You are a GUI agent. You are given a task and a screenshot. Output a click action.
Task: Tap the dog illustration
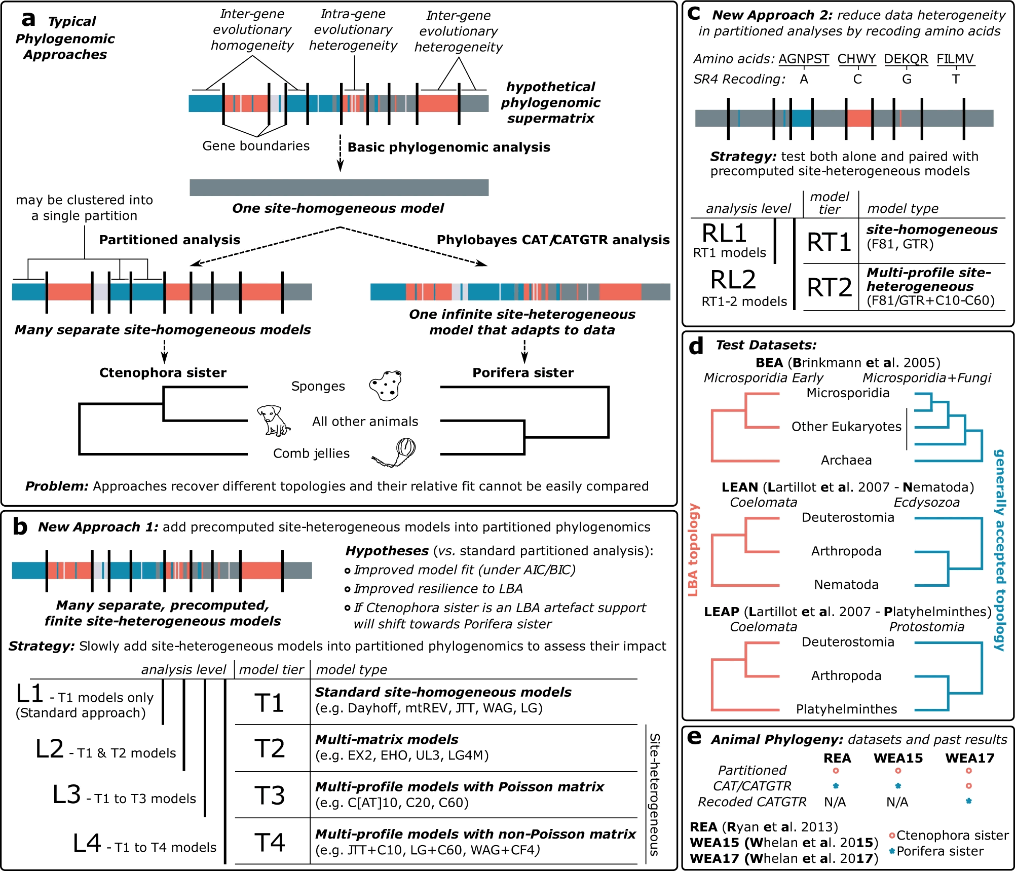tap(273, 420)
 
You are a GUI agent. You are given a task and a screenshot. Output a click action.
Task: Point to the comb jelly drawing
tap(397, 452)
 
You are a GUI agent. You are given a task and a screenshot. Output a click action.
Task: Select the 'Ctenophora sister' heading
tap(163, 373)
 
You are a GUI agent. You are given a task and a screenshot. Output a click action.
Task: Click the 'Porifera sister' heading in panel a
tap(523, 373)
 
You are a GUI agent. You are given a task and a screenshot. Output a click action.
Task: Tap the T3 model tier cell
tap(270, 795)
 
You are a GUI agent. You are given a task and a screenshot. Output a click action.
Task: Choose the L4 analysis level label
tap(87, 844)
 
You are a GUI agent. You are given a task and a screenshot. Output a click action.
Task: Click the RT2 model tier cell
tap(829, 287)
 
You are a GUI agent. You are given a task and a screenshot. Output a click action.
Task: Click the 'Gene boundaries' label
tap(256, 146)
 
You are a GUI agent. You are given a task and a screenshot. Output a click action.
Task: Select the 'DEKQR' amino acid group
tap(906, 59)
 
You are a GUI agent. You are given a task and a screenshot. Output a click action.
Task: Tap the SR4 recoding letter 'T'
tap(955, 80)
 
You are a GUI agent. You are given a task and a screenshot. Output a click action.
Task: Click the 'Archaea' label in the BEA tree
tap(846, 460)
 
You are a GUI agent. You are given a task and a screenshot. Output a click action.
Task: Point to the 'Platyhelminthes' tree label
tap(846, 709)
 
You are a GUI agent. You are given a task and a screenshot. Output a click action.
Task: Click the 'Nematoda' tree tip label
tap(846, 585)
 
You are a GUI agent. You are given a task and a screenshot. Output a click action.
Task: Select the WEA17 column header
tap(969, 758)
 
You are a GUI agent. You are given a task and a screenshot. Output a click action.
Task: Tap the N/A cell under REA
tap(835, 802)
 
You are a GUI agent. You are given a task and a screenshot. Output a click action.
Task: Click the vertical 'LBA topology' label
tap(693, 550)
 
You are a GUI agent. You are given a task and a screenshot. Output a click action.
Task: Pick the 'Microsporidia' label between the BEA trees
tap(848, 393)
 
